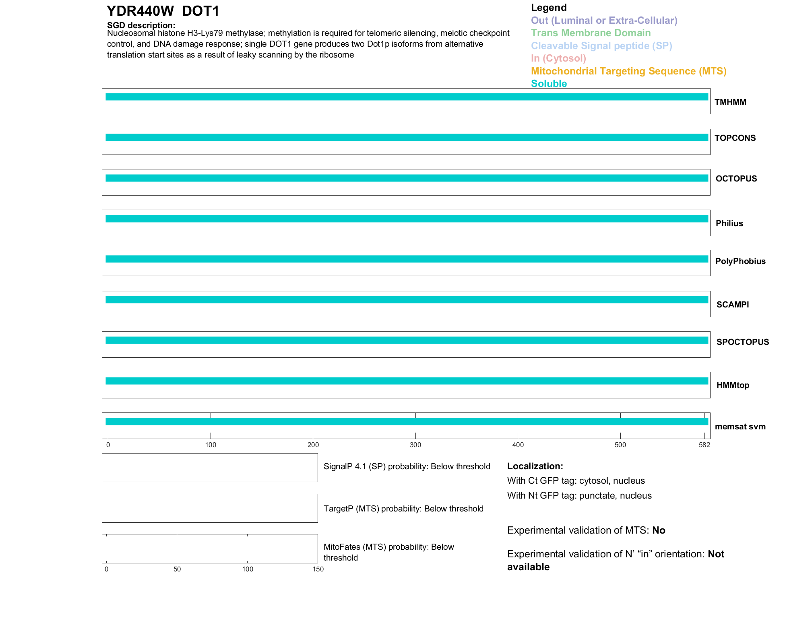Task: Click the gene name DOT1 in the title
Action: pyautogui.click(x=200, y=11)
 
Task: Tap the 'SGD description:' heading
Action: pyautogui.click(x=141, y=25)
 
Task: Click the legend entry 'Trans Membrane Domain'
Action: pyautogui.click(x=591, y=33)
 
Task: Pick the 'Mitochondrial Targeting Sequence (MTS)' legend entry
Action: pyautogui.click(x=628, y=71)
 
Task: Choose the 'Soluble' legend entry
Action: pyautogui.click(x=549, y=84)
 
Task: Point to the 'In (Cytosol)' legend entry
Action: pyautogui.click(x=558, y=58)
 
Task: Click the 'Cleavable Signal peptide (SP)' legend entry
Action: pyautogui.click(x=601, y=46)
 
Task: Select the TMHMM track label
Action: pyautogui.click(x=730, y=102)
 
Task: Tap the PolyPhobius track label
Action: pyautogui.click(x=740, y=261)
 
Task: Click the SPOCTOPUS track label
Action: pyautogui.click(x=742, y=342)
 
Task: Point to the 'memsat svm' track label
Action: pyautogui.click(x=740, y=427)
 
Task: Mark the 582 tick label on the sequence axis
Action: pyautogui.click(x=704, y=445)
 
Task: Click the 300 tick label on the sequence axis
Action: pyautogui.click(x=415, y=445)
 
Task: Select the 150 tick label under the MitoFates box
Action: pyautogui.click(x=318, y=569)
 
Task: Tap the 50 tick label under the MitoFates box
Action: pyautogui.click(x=177, y=569)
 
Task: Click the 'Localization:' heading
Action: pyautogui.click(x=535, y=466)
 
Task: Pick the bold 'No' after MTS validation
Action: pyautogui.click(x=659, y=530)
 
